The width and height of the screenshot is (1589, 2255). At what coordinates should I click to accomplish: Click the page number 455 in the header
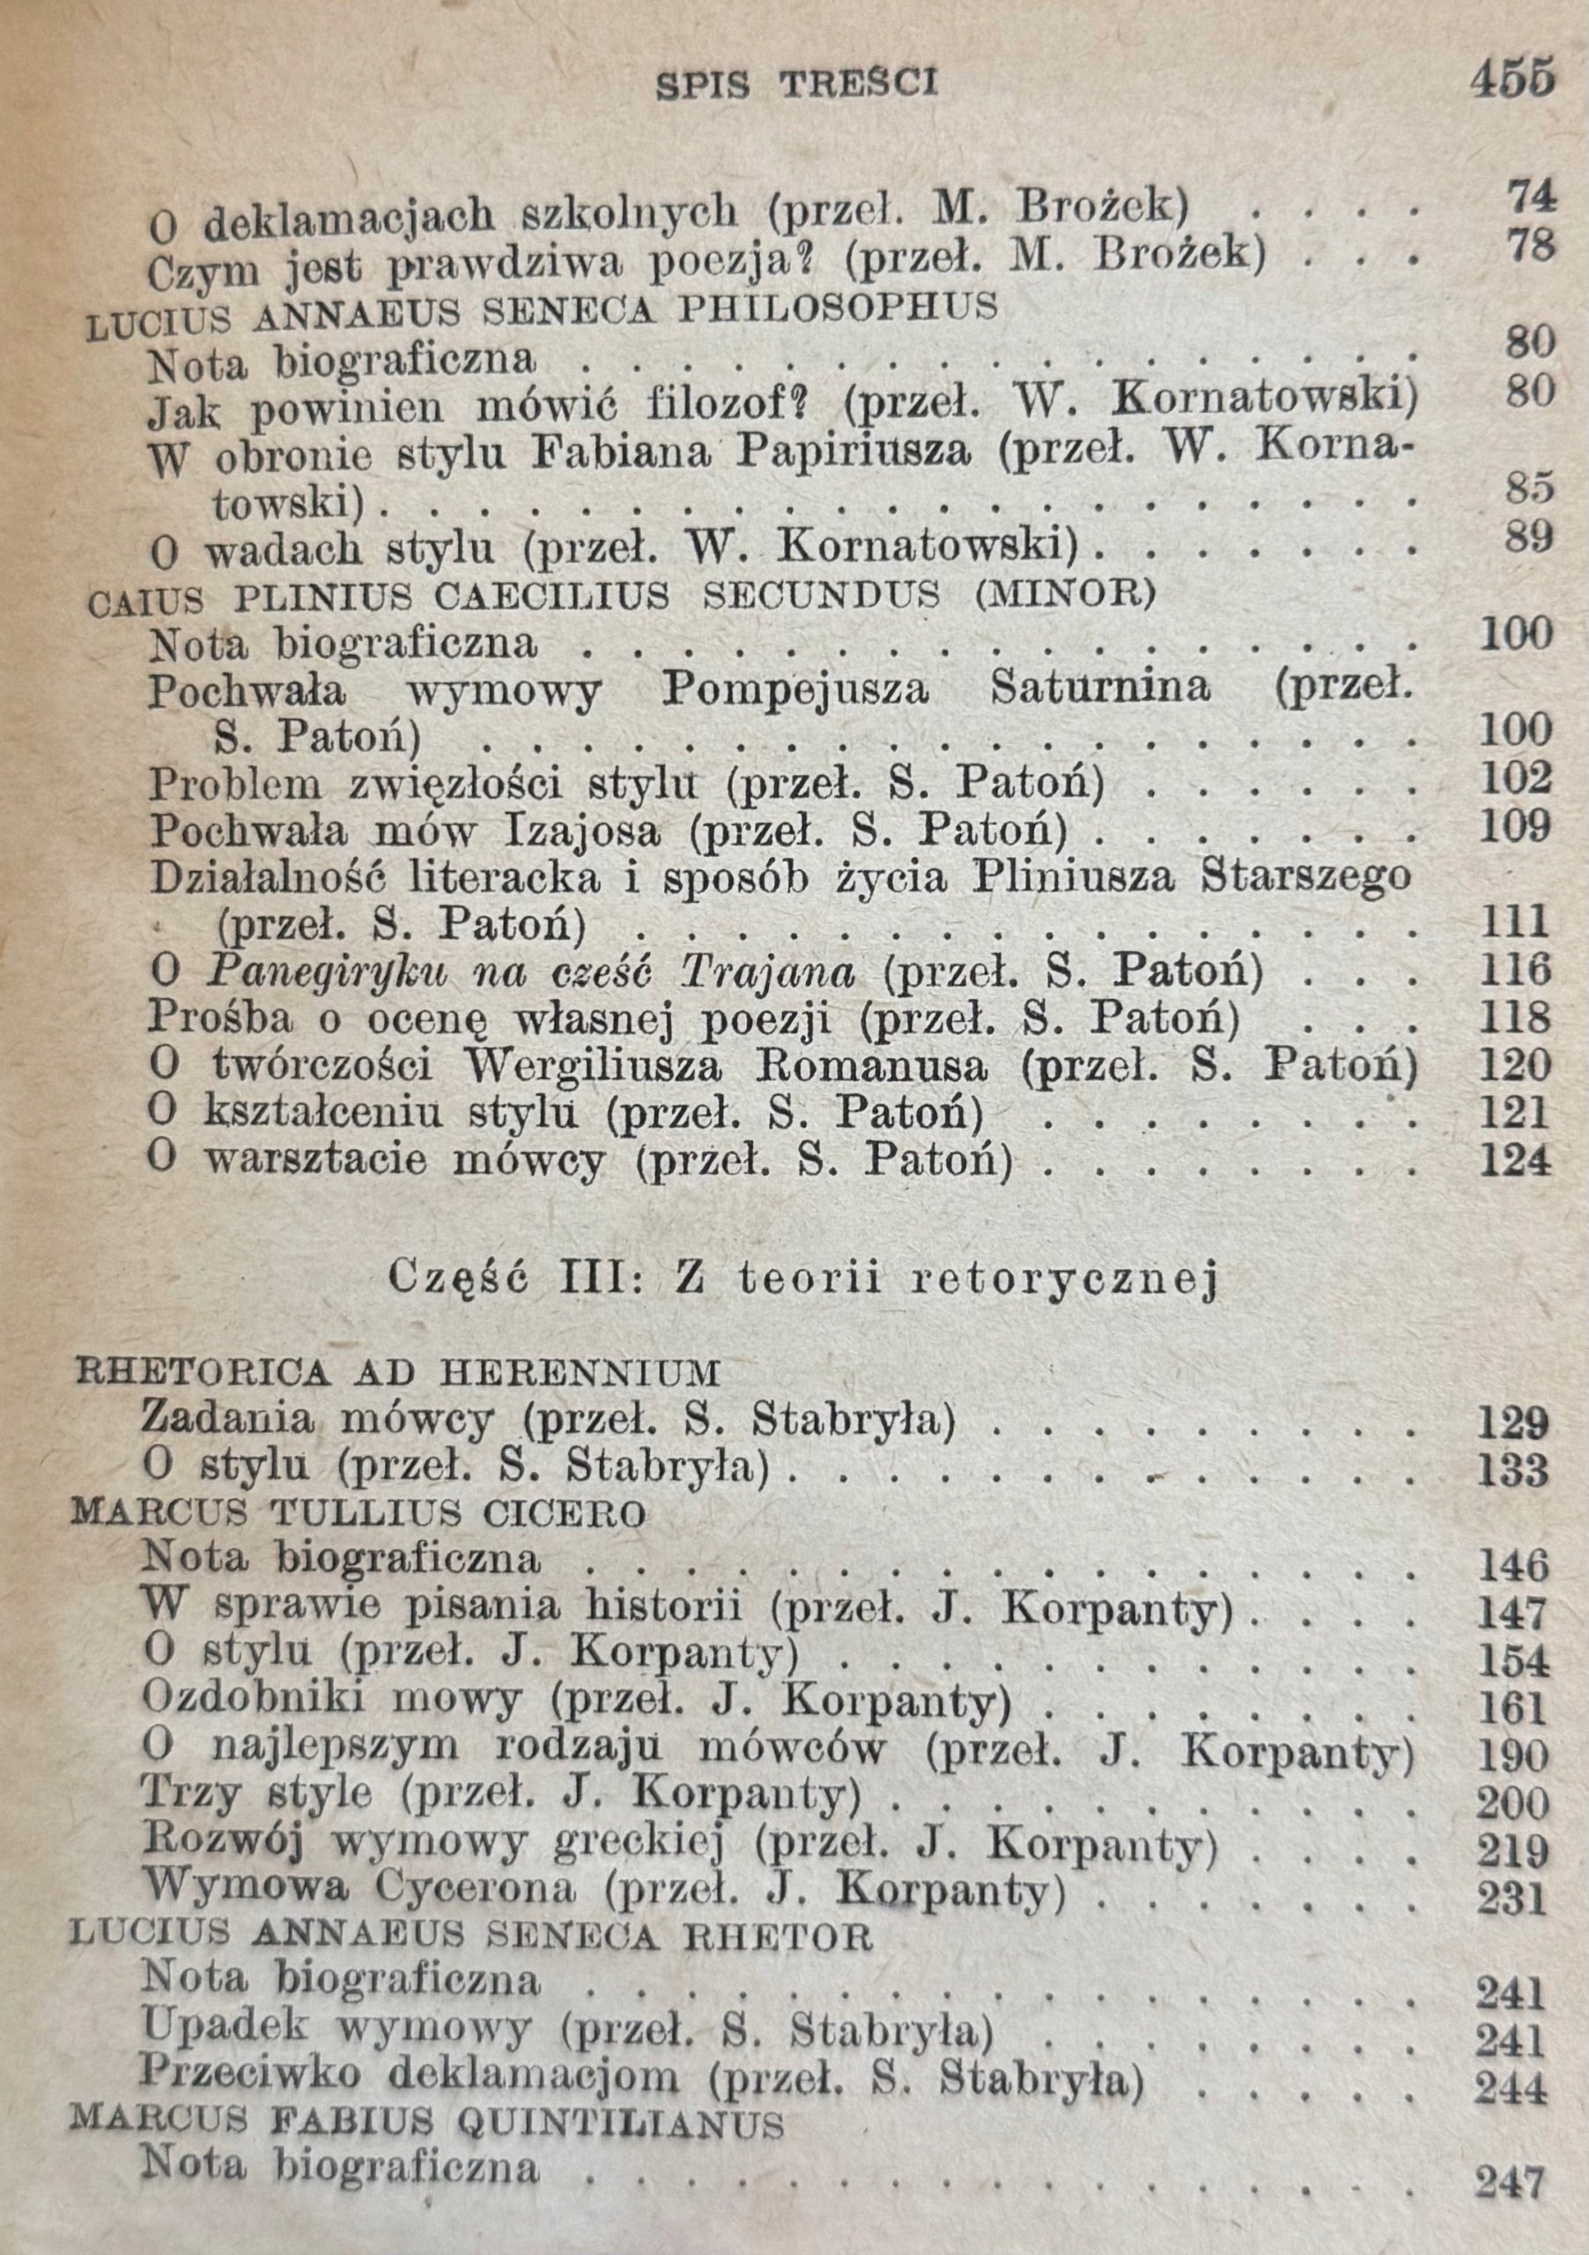(x=1511, y=78)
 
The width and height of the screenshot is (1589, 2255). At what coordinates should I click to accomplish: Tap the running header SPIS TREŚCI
(x=796, y=85)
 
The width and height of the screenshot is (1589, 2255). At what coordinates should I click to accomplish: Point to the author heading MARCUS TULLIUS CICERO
(x=358, y=1513)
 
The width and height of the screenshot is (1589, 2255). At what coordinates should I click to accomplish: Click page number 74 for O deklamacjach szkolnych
(x=1531, y=197)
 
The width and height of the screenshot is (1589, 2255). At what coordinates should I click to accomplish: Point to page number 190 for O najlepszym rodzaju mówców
(x=1512, y=1755)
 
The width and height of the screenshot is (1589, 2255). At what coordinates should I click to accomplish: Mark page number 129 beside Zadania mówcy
(x=1512, y=1422)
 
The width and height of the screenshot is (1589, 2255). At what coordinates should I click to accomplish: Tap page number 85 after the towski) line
(x=1528, y=488)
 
